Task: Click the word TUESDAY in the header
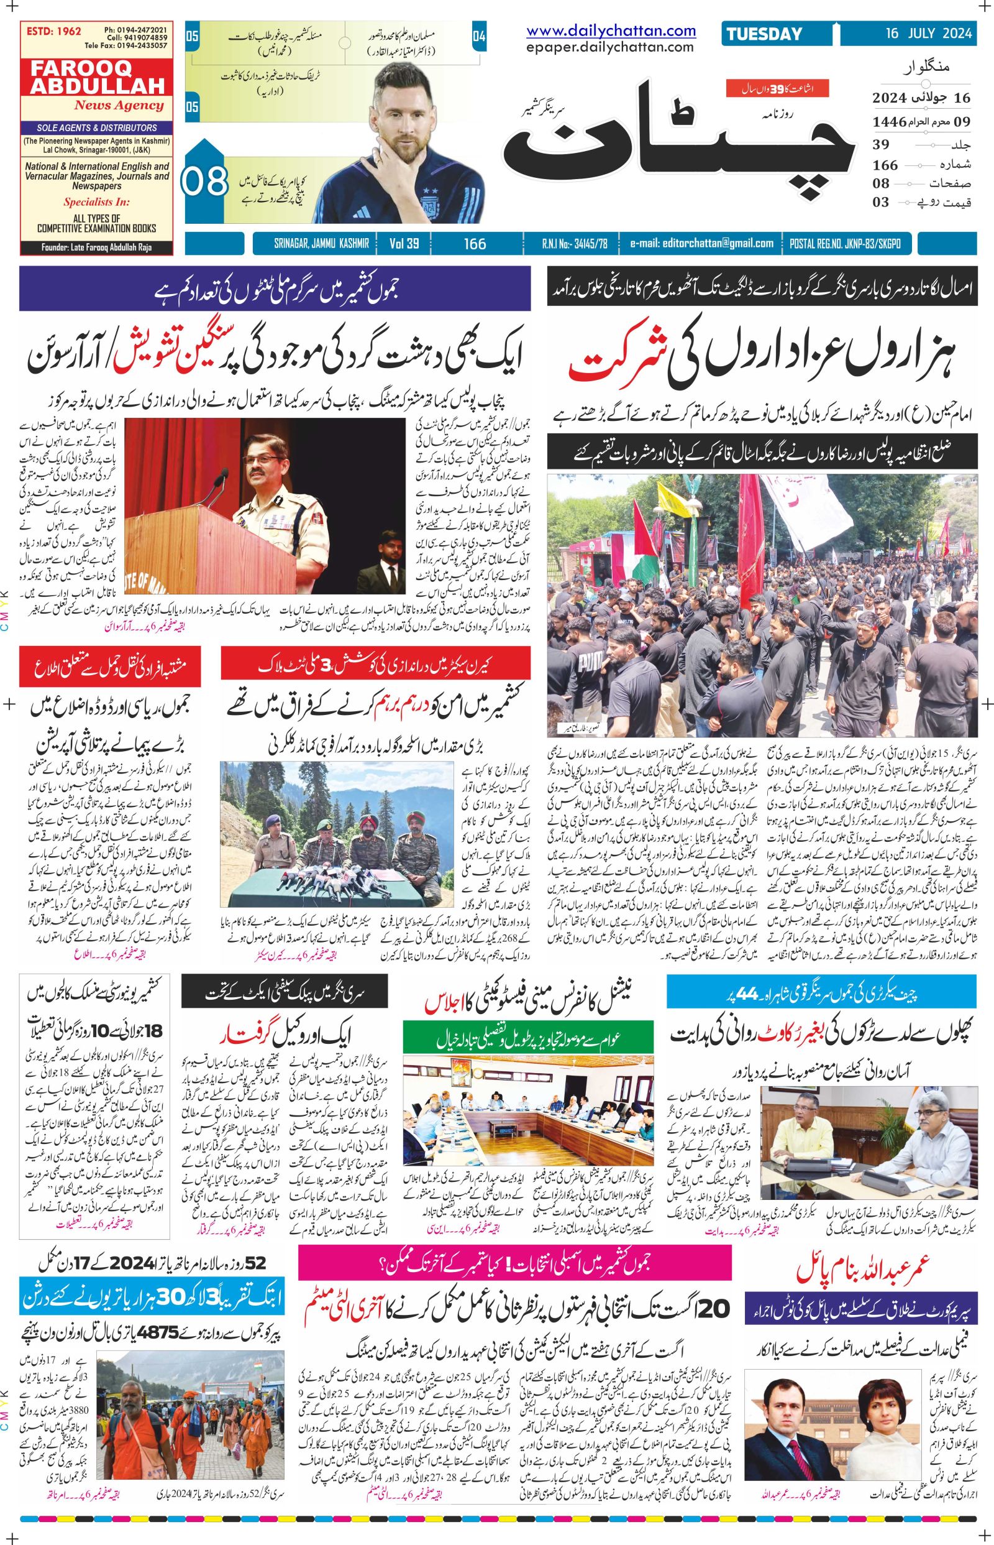coord(764,34)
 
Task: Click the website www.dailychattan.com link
coord(611,30)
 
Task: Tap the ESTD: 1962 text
coord(52,30)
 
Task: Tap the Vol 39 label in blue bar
coord(404,244)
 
